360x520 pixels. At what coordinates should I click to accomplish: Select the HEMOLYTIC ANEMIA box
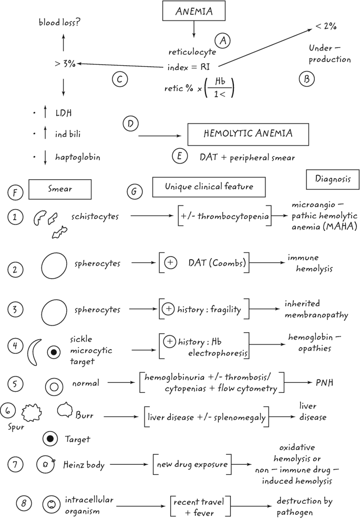point(248,135)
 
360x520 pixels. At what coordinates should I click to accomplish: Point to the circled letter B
point(306,79)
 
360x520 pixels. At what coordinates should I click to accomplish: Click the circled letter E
point(179,157)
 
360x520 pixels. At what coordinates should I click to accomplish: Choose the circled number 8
point(22,504)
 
